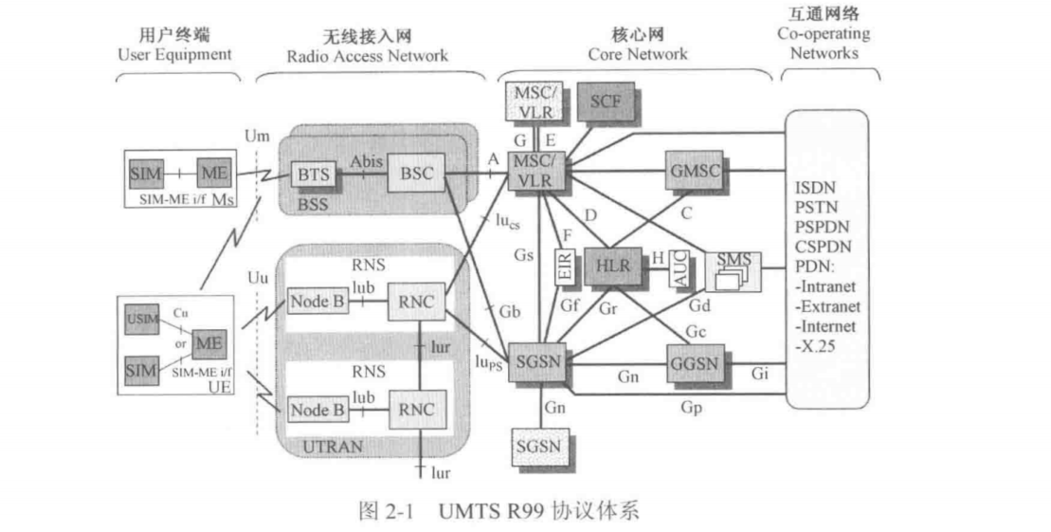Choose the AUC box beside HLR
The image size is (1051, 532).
tap(677, 269)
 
